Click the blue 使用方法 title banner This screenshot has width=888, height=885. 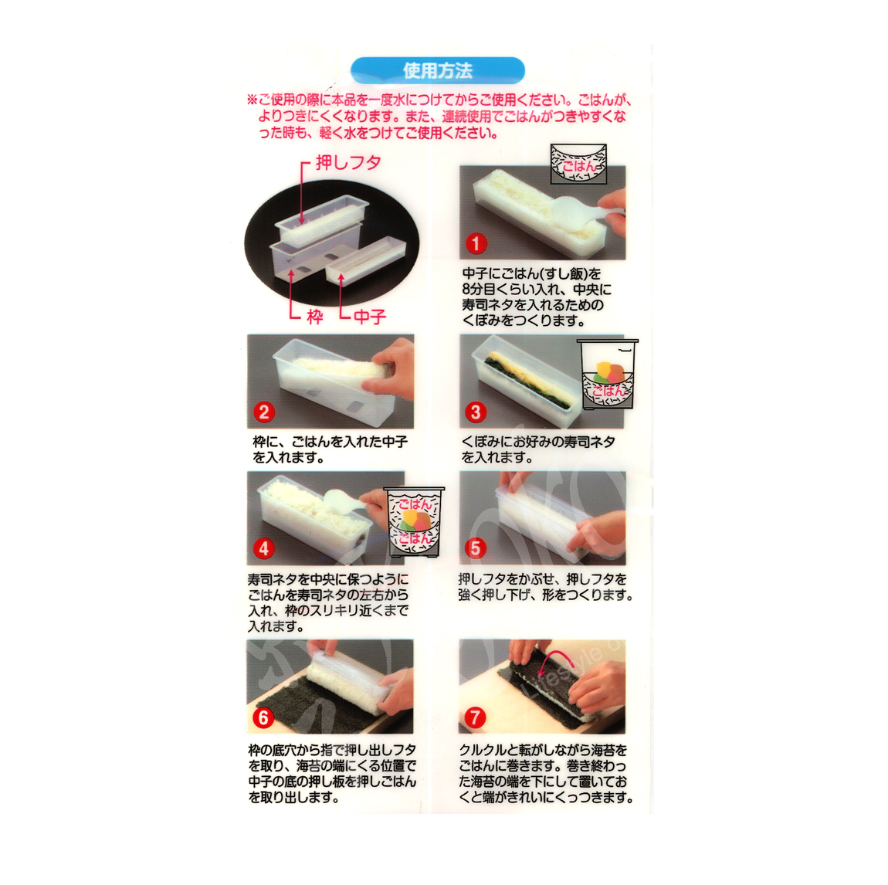coord(437,71)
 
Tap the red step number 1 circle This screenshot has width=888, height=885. coord(476,243)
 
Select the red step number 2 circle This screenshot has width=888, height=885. coord(263,412)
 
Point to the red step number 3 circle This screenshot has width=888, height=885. coord(476,412)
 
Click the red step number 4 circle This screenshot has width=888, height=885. coord(263,548)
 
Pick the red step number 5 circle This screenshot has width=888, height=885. coord(475,548)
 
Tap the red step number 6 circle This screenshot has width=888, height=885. coord(263,717)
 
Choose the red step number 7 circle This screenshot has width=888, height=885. coord(475,717)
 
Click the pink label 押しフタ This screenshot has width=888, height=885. coord(348,163)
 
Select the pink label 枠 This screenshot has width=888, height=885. coord(315,317)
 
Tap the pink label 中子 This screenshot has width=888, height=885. coord(370,317)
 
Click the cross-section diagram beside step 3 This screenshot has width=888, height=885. coord(607,375)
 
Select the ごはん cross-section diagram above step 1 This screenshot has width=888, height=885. coord(578,164)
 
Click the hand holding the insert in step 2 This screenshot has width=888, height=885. coord(390,368)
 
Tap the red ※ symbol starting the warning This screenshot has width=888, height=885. coord(253,100)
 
